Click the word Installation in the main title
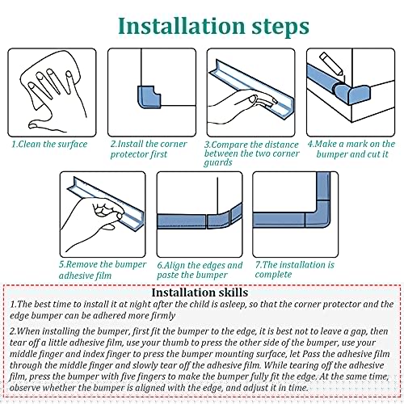tap(182, 26)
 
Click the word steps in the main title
tap(280, 27)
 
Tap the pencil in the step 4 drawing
tap(331, 64)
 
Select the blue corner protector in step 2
tap(149, 97)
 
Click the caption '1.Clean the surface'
tap(49, 144)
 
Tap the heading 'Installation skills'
tap(200, 292)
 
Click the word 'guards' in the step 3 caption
tap(218, 162)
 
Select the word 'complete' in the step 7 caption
tap(273, 275)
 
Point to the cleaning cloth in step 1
tap(50, 79)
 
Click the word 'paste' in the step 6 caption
tap(167, 276)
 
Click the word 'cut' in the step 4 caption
tap(372, 154)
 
